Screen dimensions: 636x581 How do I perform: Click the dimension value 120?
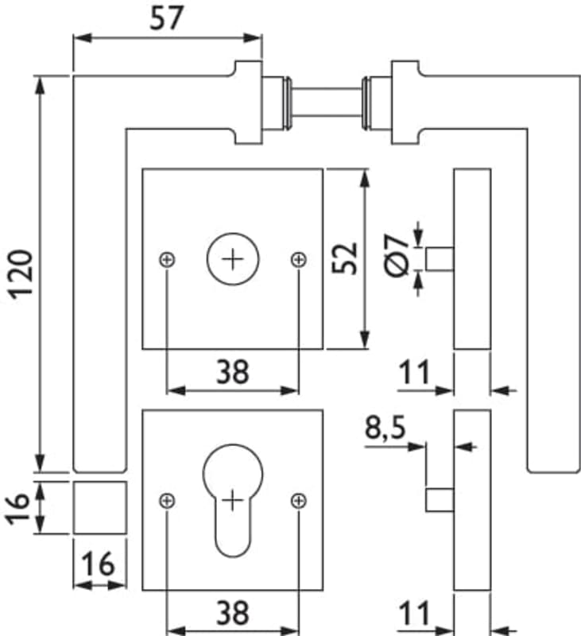click(x=21, y=273)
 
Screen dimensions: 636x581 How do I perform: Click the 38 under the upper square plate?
click(x=232, y=370)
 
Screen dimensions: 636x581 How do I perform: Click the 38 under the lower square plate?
click(x=232, y=612)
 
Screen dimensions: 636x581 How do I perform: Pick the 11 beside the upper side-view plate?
click(x=413, y=371)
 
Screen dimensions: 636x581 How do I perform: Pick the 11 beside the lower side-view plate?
click(x=413, y=613)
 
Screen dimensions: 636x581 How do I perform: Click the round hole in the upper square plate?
click(x=232, y=258)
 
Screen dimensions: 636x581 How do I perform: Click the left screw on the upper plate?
click(x=166, y=258)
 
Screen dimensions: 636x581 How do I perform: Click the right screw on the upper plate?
click(x=298, y=258)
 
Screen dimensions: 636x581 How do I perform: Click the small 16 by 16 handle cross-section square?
click(x=99, y=507)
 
